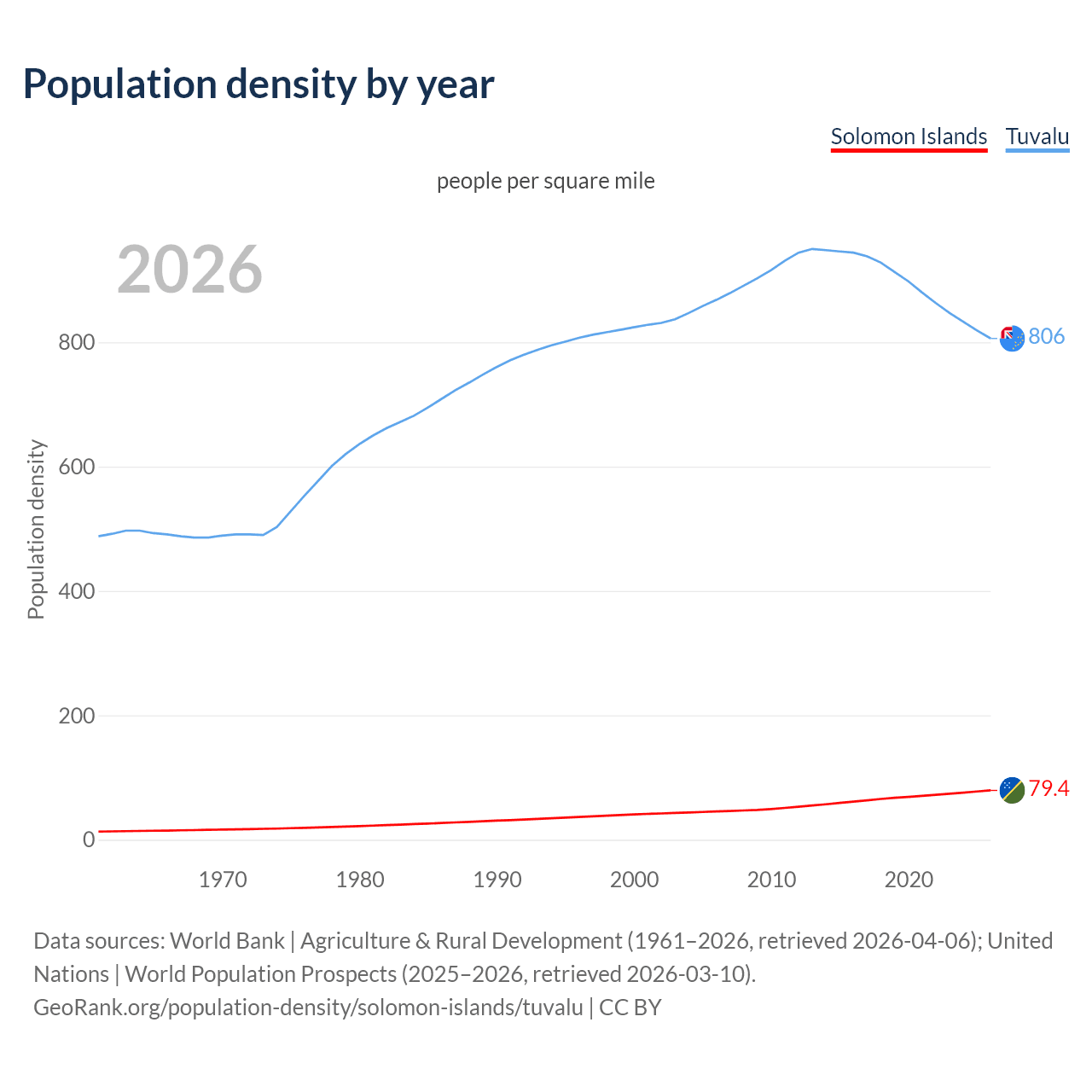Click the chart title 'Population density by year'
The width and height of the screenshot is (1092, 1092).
pos(258,84)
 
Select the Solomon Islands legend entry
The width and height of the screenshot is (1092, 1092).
pos(909,136)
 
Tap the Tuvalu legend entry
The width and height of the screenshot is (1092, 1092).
pos(1037,136)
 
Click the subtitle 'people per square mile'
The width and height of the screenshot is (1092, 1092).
pos(546,181)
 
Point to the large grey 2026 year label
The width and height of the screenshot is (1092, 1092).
pos(189,270)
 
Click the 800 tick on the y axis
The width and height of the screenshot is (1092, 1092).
pos(77,343)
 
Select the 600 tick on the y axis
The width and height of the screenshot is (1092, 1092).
pos(77,468)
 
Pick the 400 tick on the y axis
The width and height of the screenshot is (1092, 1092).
pos(77,591)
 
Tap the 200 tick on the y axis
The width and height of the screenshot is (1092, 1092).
pos(77,716)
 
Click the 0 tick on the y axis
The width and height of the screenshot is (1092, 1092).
pos(89,839)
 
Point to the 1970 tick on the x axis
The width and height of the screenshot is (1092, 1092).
pos(223,880)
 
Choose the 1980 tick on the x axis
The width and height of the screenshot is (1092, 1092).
pos(360,880)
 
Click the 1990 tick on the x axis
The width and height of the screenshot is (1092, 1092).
pos(497,880)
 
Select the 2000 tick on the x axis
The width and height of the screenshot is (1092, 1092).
pos(635,880)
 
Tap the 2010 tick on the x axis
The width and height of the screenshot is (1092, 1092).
pos(772,880)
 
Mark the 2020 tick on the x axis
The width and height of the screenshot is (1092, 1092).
pos(909,880)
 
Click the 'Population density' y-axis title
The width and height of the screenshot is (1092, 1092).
pos(36,529)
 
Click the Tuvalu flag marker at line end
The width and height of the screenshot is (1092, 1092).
pos(1012,339)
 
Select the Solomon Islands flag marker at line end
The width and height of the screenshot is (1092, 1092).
pos(1012,790)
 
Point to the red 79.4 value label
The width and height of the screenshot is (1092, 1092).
pos(1048,788)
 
